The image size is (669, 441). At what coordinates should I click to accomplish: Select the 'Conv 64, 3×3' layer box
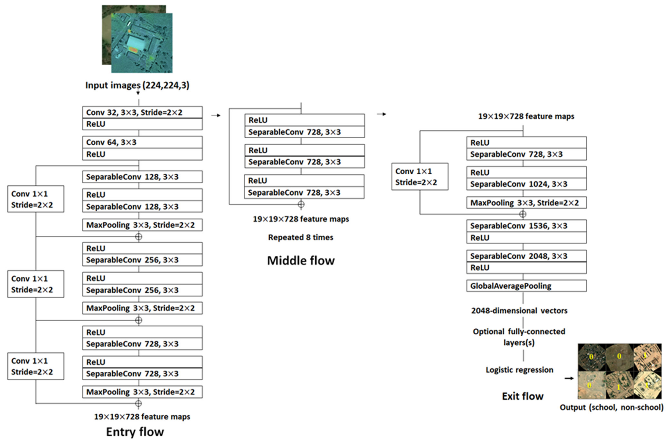click(142, 142)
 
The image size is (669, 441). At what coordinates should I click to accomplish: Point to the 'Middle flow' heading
click(301, 260)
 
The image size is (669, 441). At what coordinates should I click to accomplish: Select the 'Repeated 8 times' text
click(301, 237)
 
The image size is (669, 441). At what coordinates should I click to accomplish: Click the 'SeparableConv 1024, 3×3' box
click(526, 184)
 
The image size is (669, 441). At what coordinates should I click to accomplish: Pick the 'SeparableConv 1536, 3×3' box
click(526, 226)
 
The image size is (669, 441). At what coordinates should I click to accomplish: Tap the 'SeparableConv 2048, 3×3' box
click(526, 256)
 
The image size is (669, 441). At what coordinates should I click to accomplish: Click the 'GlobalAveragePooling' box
click(526, 286)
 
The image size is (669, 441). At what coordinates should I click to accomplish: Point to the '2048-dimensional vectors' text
click(519, 311)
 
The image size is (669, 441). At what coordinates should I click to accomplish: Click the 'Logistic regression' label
click(519, 370)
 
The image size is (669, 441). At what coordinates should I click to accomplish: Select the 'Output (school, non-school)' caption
click(611, 407)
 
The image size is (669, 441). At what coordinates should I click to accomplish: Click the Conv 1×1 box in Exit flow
click(420, 177)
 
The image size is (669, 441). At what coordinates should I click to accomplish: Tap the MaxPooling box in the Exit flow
click(526, 203)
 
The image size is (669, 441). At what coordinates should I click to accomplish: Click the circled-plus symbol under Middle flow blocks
click(301, 204)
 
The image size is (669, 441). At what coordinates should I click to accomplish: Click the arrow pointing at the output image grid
click(569, 378)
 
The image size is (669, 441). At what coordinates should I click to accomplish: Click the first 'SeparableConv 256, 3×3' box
click(142, 260)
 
